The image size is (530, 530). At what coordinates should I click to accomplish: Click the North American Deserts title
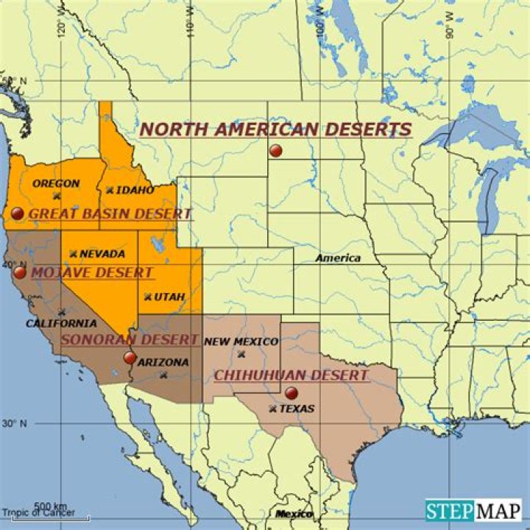tap(275, 130)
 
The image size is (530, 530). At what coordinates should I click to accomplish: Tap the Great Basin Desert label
tap(110, 214)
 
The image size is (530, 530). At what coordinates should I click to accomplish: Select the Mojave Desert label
tap(92, 272)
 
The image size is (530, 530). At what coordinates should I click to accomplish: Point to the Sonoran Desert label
tap(130, 339)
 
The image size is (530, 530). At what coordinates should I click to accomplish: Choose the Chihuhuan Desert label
tap(291, 375)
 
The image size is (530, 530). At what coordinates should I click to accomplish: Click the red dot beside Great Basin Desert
tap(18, 213)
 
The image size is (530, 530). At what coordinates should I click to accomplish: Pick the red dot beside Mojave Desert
tap(20, 272)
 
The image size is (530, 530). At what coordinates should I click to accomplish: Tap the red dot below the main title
tap(276, 151)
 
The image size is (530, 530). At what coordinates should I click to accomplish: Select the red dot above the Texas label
tap(291, 392)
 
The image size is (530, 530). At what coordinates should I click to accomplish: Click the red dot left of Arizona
tap(130, 358)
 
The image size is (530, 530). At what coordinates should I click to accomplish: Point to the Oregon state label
tap(57, 183)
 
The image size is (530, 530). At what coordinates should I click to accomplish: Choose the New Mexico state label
tap(241, 342)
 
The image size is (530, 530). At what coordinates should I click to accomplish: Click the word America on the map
tap(338, 258)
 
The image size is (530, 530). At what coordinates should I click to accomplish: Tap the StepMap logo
tap(473, 509)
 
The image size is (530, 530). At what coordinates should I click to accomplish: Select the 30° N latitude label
tap(15, 423)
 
